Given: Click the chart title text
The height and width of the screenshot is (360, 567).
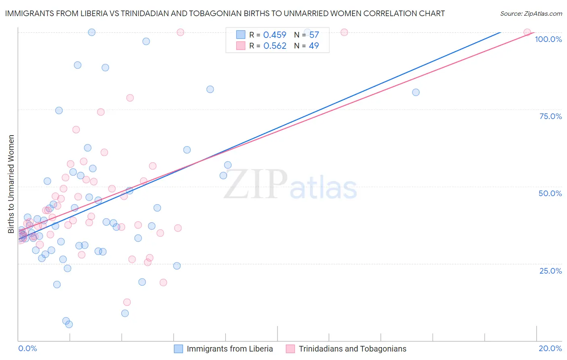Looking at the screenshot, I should tap(225, 13).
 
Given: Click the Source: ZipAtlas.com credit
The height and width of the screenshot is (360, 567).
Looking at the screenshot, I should tap(531, 14).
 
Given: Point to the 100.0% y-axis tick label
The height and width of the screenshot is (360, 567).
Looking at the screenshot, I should tap(548, 39).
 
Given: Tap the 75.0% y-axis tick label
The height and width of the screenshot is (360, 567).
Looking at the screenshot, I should tap(550, 116).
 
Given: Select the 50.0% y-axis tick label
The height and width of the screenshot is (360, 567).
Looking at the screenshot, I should tap(550, 193).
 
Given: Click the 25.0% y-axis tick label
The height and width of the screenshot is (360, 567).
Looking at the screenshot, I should tap(550, 271).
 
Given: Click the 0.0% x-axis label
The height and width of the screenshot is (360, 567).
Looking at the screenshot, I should tap(27, 348).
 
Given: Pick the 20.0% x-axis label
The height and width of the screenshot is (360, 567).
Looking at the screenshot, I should tap(550, 348).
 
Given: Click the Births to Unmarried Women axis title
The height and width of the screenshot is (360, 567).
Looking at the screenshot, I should tap(11, 184).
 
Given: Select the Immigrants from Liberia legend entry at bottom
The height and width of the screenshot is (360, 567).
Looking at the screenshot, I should tap(229, 349).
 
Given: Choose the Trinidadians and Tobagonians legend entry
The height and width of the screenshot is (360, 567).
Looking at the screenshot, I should tap(352, 349).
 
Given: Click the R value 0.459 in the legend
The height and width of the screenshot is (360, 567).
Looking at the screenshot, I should tap(275, 35).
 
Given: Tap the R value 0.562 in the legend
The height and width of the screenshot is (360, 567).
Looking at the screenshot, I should tap(275, 46).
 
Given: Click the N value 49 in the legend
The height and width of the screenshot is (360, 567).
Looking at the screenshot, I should tap(314, 46).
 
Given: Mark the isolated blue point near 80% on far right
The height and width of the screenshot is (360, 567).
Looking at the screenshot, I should tap(416, 92).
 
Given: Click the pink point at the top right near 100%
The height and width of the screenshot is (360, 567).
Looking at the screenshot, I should tap(527, 32).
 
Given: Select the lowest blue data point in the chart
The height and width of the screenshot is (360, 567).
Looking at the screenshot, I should tap(69, 324).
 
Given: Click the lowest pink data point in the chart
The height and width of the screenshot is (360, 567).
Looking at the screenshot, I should tap(127, 302).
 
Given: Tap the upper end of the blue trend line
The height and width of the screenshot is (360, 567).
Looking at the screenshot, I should tap(500, 32).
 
